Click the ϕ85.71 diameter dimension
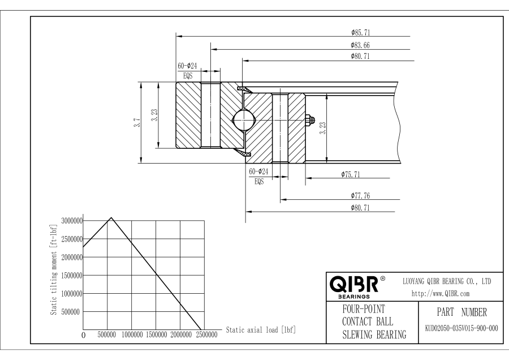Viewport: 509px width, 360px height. pos(360,32)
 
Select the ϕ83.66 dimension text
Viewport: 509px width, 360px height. pos(360,45)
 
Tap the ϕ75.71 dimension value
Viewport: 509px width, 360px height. pos(351,174)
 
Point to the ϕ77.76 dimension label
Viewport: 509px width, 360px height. pos(360,196)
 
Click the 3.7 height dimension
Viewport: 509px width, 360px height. pos(137,122)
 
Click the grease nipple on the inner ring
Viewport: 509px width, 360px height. pos(310,120)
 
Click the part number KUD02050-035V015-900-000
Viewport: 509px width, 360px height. pos(461,328)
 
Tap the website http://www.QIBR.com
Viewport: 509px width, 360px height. pos(441,294)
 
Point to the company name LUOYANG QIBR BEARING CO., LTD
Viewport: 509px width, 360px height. pos(447,281)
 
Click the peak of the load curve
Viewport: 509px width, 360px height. pos(111,217)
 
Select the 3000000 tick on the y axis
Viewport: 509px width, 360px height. pos(72,221)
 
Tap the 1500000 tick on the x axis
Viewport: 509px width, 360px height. pos(156,335)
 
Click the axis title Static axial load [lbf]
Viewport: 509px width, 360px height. pos(261,330)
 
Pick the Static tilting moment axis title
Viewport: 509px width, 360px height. pos(54,269)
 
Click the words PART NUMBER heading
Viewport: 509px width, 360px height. pos(461,312)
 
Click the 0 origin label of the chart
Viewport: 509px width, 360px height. pos(84,335)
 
